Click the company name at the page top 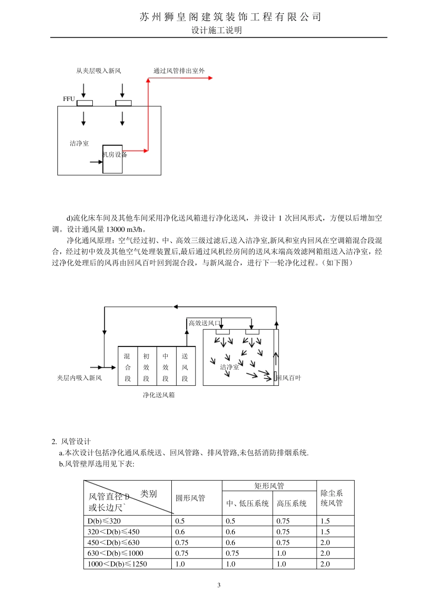tap(230, 17)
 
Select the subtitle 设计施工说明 tap(217, 30)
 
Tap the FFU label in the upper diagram tap(69, 99)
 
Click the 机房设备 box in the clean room tap(113, 159)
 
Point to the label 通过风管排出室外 tap(179, 70)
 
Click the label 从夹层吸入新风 tap(99, 70)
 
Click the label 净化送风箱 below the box tap(159, 395)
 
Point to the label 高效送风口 tap(204, 323)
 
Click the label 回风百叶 tap(289, 378)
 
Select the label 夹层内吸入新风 tap(79, 378)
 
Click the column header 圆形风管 tap(191, 498)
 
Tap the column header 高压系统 tap(292, 503)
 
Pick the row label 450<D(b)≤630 tap(113, 542)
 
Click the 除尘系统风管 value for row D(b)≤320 tap(325, 521)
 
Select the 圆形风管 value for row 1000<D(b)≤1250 tap(180, 564)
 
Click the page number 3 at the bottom tap(219, 585)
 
